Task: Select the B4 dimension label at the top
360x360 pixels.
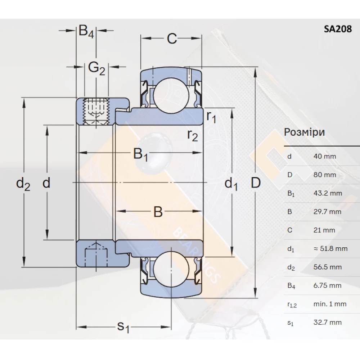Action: (86, 32)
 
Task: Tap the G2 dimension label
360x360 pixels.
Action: (96, 68)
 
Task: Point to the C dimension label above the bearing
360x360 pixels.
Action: (172, 39)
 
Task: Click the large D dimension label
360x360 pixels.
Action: (255, 183)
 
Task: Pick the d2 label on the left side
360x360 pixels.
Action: (23, 184)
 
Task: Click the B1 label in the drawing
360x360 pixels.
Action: (141, 155)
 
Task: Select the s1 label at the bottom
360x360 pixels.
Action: (123, 327)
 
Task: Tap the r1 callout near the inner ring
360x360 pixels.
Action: (211, 117)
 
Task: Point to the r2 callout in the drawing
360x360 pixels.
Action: (193, 135)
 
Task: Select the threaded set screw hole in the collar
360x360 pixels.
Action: (96, 111)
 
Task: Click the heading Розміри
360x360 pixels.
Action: (304, 132)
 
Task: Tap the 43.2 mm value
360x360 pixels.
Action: (328, 193)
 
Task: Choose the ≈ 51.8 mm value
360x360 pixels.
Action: (330, 249)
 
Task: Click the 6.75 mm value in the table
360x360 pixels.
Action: (327, 286)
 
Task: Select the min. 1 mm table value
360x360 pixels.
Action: (330, 304)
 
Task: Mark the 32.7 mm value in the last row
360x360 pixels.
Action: (327, 323)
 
